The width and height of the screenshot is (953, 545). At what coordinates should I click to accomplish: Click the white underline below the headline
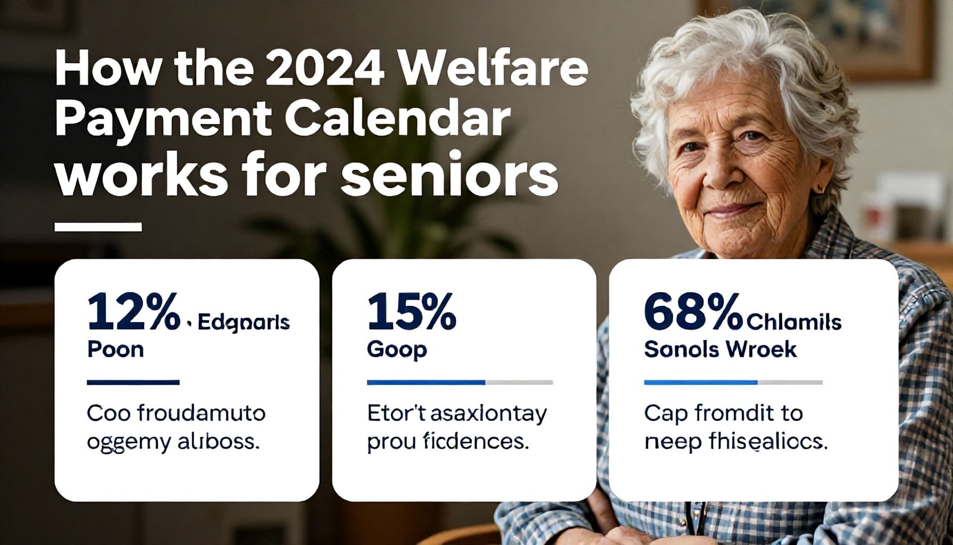(98, 227)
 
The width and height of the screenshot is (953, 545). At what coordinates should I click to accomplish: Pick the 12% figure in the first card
(133, 312)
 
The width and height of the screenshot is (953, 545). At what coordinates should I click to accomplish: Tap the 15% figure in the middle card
(411, 312)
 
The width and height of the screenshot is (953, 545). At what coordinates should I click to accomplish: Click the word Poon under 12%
(115, 350)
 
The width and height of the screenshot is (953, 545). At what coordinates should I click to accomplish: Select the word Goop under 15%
(397, 350)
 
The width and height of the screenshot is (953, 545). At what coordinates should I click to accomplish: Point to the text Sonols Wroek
(720, 350)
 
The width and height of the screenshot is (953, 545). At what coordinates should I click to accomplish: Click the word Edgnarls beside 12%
(244, 323)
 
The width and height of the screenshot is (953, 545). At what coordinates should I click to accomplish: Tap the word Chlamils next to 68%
(794, 323)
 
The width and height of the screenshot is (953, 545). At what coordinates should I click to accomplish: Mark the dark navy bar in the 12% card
(133, 382)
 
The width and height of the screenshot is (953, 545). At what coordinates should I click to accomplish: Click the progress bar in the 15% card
(459, 382)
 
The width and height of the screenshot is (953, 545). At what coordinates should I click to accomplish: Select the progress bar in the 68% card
(733, 382)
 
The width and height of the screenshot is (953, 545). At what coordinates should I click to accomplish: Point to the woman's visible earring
(820, 188)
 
